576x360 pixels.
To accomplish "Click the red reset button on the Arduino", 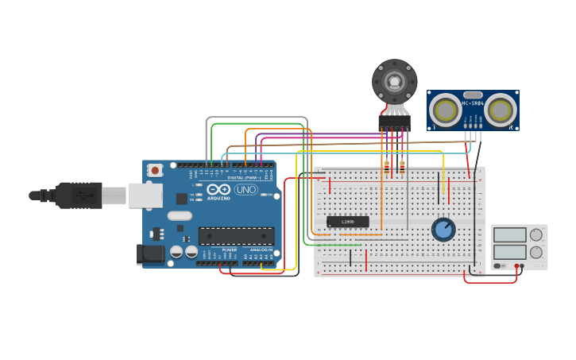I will click(155, 170).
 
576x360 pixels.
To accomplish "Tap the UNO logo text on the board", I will click(245, 190).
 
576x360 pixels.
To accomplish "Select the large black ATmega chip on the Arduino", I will click(236, 236).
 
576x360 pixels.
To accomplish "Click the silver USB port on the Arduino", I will click(146, 195).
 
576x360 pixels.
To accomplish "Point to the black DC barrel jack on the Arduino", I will click(150, 254).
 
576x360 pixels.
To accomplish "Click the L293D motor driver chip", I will click(348, 222).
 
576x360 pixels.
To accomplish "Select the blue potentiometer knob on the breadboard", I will click(443, 230).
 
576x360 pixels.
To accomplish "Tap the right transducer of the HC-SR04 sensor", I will click(501, 110).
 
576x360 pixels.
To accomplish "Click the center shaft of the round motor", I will click(394, 81).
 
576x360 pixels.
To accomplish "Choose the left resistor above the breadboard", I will click(387, 167).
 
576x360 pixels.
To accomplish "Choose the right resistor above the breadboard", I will click(402, 167).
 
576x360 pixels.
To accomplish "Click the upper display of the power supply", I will click(509, 235).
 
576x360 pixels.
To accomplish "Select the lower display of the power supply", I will click(509, 253).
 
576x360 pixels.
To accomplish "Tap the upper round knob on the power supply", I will click(536, 234).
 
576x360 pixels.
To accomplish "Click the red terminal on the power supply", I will click(516, 266).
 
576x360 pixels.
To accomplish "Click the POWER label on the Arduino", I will click(229, 250).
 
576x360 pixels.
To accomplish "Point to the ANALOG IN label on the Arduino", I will click(261, 250).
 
